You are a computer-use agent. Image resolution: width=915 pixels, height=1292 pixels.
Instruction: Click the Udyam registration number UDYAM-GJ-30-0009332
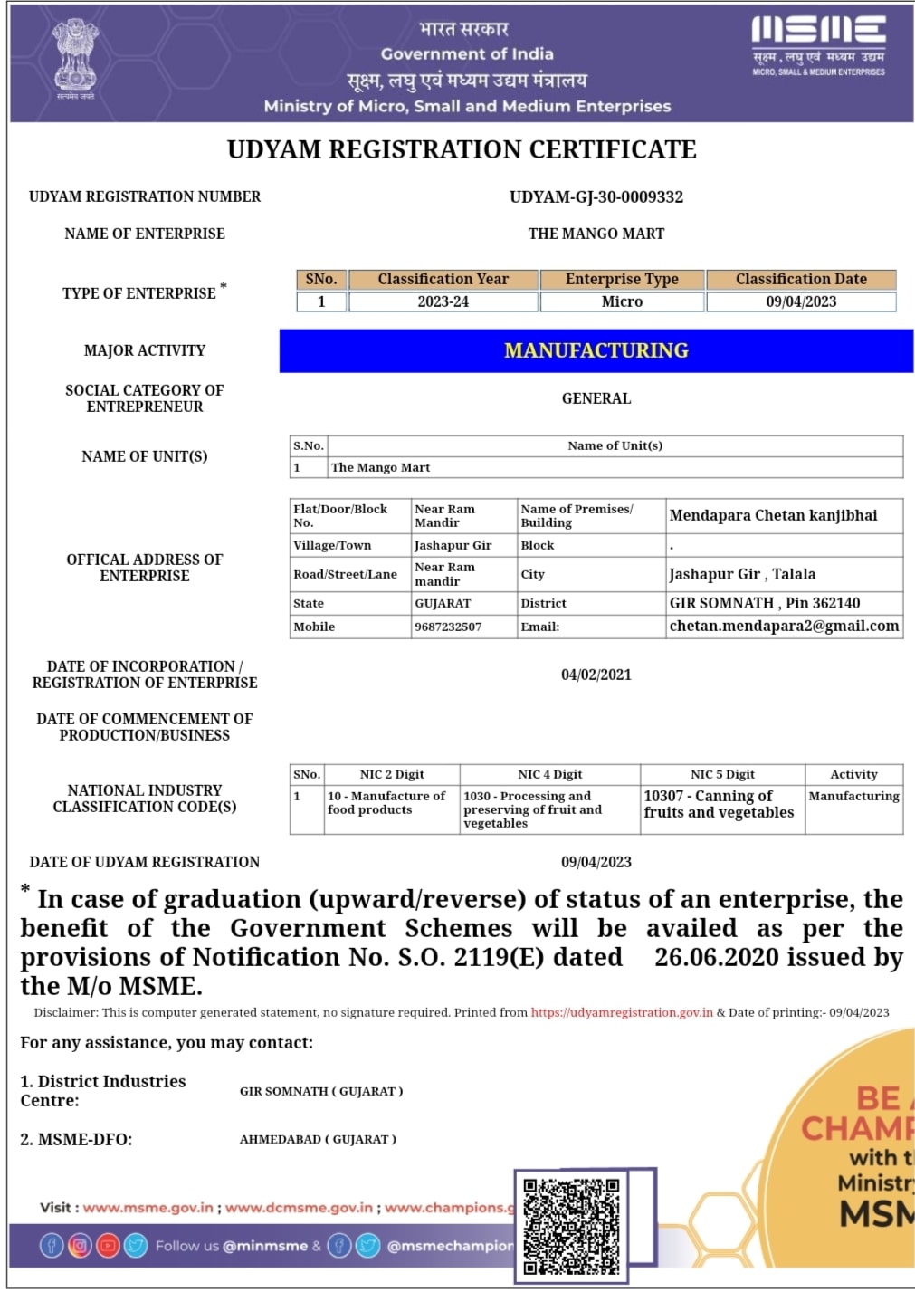click(x=596, y=197)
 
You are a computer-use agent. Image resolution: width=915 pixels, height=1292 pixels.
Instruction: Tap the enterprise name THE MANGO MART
click(x=596, y=234)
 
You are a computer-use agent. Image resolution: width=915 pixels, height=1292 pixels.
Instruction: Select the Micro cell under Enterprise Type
click(x=622, y=302)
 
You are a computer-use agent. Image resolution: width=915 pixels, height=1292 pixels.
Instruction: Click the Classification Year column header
click(x=443, y=280)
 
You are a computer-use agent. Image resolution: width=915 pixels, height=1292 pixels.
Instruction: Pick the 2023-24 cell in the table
click(x=443, y=302)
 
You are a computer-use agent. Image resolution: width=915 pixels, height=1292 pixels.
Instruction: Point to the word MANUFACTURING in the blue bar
click(x=596, y=350)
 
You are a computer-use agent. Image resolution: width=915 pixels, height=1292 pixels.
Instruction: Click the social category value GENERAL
click(x=596, y=398)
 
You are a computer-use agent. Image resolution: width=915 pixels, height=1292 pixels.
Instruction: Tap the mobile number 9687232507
click(x=448, y=627)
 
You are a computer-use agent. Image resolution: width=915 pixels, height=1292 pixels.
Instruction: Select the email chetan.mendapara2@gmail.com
click(x=784, y=626)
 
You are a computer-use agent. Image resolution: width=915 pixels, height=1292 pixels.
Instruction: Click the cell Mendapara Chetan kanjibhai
click(x=774, y=515)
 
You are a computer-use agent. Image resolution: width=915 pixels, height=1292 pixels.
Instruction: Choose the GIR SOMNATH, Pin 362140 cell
click(x=765, y=603)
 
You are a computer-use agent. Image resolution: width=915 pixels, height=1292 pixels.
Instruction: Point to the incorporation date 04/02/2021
click(x=596, y=675)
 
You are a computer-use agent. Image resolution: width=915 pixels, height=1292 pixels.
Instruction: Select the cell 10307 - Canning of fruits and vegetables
click(x=719, y=804)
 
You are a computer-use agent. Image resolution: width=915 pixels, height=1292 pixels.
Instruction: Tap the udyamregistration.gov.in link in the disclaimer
click(x=622, y=1013)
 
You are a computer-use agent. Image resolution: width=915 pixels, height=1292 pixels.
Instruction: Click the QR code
click(x=572, y=1225)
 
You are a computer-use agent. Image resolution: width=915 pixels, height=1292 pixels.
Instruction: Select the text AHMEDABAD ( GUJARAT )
click(x=318, y=1140)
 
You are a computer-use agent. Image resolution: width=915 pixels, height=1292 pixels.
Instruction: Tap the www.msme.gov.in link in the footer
click(x=148, y=1208)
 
